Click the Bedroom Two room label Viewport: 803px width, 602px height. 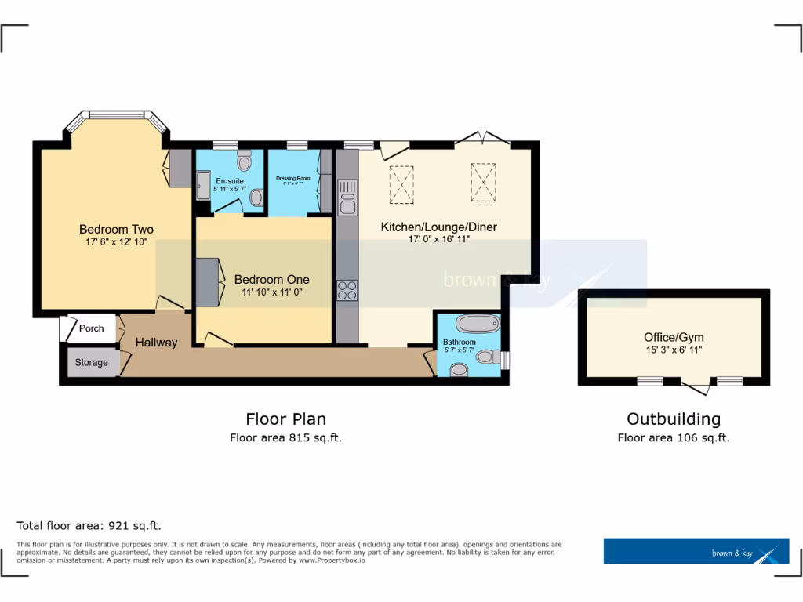tap(116, 230)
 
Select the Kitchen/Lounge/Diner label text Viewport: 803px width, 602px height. tap(438, 227)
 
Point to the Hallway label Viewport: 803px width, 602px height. tap(156, 343)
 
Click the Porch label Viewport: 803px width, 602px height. tap(91, 328)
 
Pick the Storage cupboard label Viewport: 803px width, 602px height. tap(91, 363)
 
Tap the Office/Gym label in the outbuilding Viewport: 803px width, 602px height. tap(674, 337)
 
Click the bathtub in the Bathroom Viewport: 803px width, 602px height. tap(477, 324)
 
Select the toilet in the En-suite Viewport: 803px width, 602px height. tap(244, 160)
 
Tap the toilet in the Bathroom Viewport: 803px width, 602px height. tap(488, 358)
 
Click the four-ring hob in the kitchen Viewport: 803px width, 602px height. tap(347, 290)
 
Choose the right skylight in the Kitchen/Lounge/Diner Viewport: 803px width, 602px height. tap(483, 179)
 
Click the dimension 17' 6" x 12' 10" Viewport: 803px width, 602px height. tap(116, 242)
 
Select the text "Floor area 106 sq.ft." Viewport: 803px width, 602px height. tap(674, 438)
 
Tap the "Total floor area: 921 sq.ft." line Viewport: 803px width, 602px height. tap(89, 526)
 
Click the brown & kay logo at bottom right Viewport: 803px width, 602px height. tap(696, 551)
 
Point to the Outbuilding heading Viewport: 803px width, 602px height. tap(674, 419)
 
